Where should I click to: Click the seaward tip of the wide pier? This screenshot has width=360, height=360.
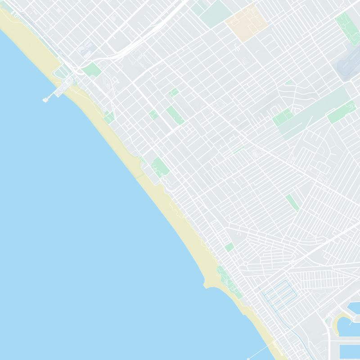tap(45, 100)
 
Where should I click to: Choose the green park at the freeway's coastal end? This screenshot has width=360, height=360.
tap(93, 70)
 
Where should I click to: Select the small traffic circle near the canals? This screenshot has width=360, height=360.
tap(246, 263)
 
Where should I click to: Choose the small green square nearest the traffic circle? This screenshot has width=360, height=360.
tap(229, 247)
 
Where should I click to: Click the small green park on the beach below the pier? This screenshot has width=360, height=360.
tap(109, 118)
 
